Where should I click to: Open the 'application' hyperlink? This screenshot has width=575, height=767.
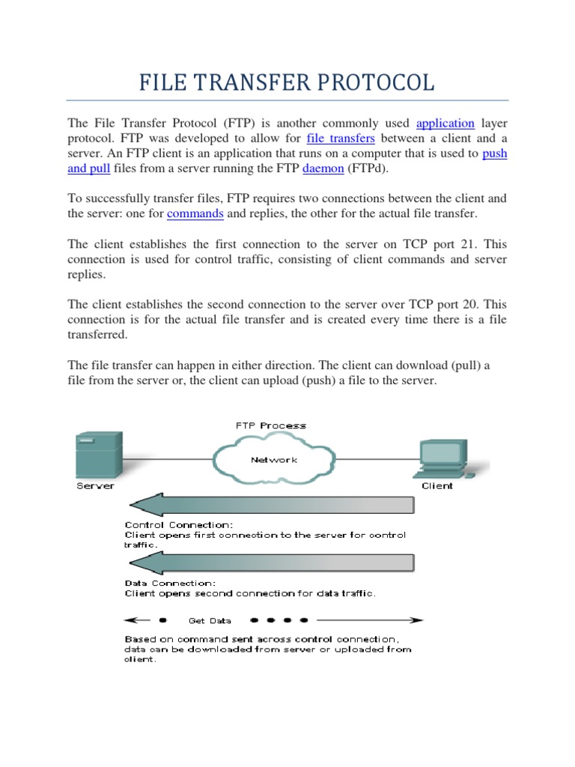[x=445, y=123]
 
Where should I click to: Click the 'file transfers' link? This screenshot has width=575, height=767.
[x=341, y=139]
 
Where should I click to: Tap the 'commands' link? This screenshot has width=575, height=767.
[x=195, y=213]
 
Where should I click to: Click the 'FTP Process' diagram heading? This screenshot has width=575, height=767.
[x=271, y=425]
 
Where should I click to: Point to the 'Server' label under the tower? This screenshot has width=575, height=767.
[x=96, y=485]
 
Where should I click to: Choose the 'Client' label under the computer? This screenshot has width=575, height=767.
[x=437, y=485]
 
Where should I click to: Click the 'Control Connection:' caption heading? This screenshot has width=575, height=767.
[x=179, y=525]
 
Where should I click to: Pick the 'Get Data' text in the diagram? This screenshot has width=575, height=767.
[x=210, y=620]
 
